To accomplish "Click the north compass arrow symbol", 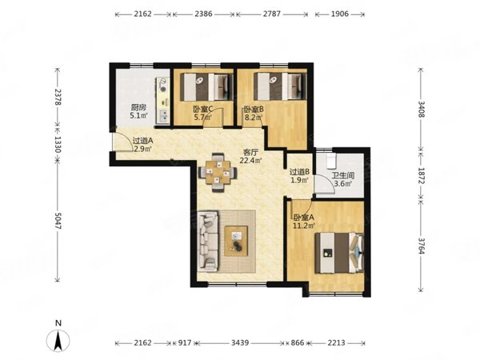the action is click(58, 341).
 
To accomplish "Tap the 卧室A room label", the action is click(304, 218).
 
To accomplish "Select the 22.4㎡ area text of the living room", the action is click(250, 161).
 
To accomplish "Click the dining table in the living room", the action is click(218, 172).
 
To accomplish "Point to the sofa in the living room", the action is click(208, 242).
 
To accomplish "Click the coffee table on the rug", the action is click(236, 241).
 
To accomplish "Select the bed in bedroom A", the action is click(339, 253).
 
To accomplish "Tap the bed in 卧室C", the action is click(206, 86).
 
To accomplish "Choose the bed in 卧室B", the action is click(280, 86).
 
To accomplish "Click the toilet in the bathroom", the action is click(331, 161).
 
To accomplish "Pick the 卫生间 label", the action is click(343, 176).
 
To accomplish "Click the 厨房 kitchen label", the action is click(138, 107).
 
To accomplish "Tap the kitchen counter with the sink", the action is click(162, 101).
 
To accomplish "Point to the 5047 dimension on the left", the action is click(58, 220).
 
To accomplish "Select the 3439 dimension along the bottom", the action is click(240, 343).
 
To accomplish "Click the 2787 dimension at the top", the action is click(271, 14).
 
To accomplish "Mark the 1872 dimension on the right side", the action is click(421, 176).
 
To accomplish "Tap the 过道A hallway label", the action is click(142, 141).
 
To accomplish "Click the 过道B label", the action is click(300, 172).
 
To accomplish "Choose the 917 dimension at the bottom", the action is click(184, 343).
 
